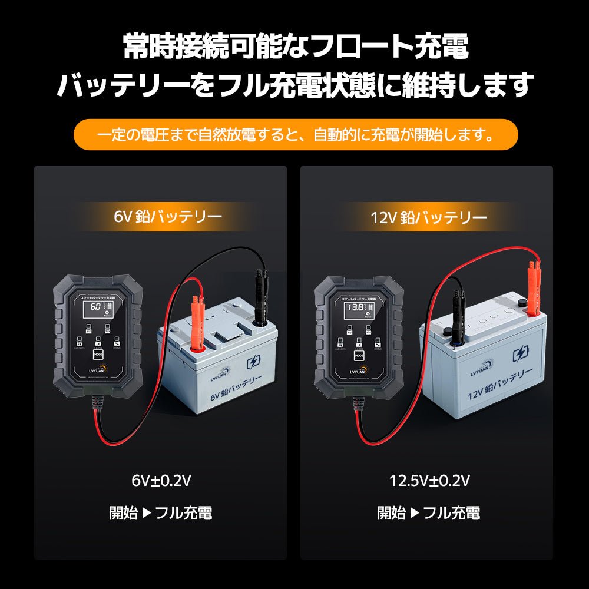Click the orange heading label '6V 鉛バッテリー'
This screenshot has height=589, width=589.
pos(168,217)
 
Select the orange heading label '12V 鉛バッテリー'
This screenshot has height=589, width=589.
pos(429,217)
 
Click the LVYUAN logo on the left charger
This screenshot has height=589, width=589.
pos(97,371)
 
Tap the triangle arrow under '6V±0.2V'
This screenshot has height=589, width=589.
pos(147,512)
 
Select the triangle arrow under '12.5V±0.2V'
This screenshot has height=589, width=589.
pos(415,512)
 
